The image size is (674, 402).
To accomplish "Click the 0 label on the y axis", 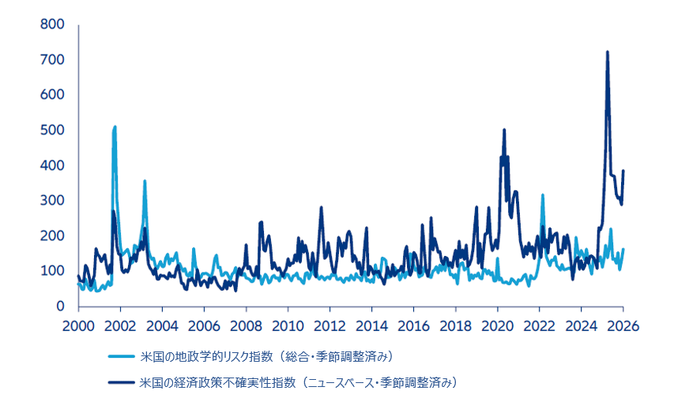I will pyautogui.click(x=60, y=306).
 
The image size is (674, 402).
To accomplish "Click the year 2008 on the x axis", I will pyautogui.click(x=246, y=325).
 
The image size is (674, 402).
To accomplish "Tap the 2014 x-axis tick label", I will pyautogui.click(x=371, y=325).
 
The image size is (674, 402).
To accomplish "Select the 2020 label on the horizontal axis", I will pyautogui.click(x=498, y=325).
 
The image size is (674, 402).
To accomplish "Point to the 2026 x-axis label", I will pyautogui.click(x=623, y=325).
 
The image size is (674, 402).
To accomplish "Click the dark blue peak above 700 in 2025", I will pyautogui.click(x=607, y=52).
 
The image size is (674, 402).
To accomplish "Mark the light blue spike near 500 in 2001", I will pyautogui.click(x=115, y=127).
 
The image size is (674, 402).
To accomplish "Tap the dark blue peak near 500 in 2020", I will pyautogui.click(x=504, y=130).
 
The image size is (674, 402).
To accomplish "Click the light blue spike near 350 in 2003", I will pyautogui.click(x=145, y=182).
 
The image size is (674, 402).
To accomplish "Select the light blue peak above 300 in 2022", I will pyautogui.click(x=543, y=195).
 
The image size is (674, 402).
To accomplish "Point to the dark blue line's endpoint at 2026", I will pyautogui.click(x=623, y=171).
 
